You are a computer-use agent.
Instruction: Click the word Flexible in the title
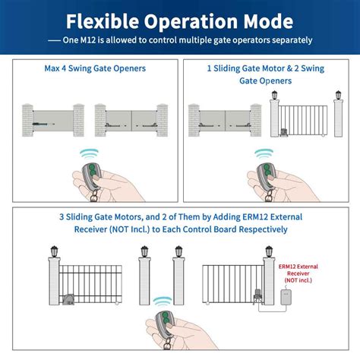[103, 21]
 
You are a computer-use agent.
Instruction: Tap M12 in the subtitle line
[88, 40]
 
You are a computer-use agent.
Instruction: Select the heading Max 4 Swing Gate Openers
[95, 68]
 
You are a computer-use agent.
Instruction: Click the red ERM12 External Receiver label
[298, 273]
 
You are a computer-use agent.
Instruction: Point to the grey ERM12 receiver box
[286, 297]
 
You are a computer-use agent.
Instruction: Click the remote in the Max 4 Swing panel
[92, 176]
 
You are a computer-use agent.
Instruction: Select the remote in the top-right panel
[267, 176]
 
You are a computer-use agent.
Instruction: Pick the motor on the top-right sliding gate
[283, 132]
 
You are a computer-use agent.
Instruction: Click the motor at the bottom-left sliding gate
[68, 299]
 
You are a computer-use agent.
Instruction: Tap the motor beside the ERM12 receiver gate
[257, 296]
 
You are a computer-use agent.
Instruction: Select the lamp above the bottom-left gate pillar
[55, 251]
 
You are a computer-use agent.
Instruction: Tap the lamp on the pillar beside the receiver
[269, 251]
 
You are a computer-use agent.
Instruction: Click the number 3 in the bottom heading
[62, 217]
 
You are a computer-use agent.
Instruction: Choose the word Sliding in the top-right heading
[226, 68]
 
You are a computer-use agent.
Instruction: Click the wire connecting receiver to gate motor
[272, 311]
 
